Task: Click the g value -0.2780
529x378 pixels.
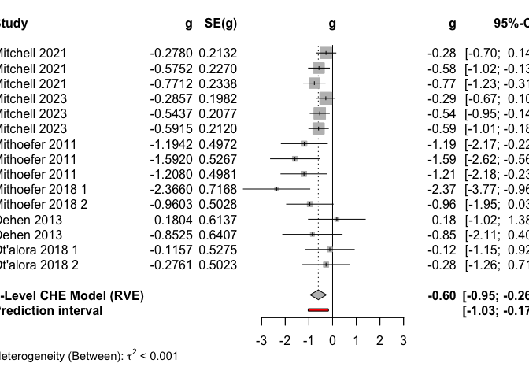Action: pos(171,54)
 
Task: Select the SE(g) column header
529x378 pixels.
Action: pos(218,24)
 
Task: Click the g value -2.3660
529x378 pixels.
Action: pos(171,189)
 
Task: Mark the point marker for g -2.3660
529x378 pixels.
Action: pos(277,189)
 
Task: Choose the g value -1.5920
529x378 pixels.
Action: pos(171,158)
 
